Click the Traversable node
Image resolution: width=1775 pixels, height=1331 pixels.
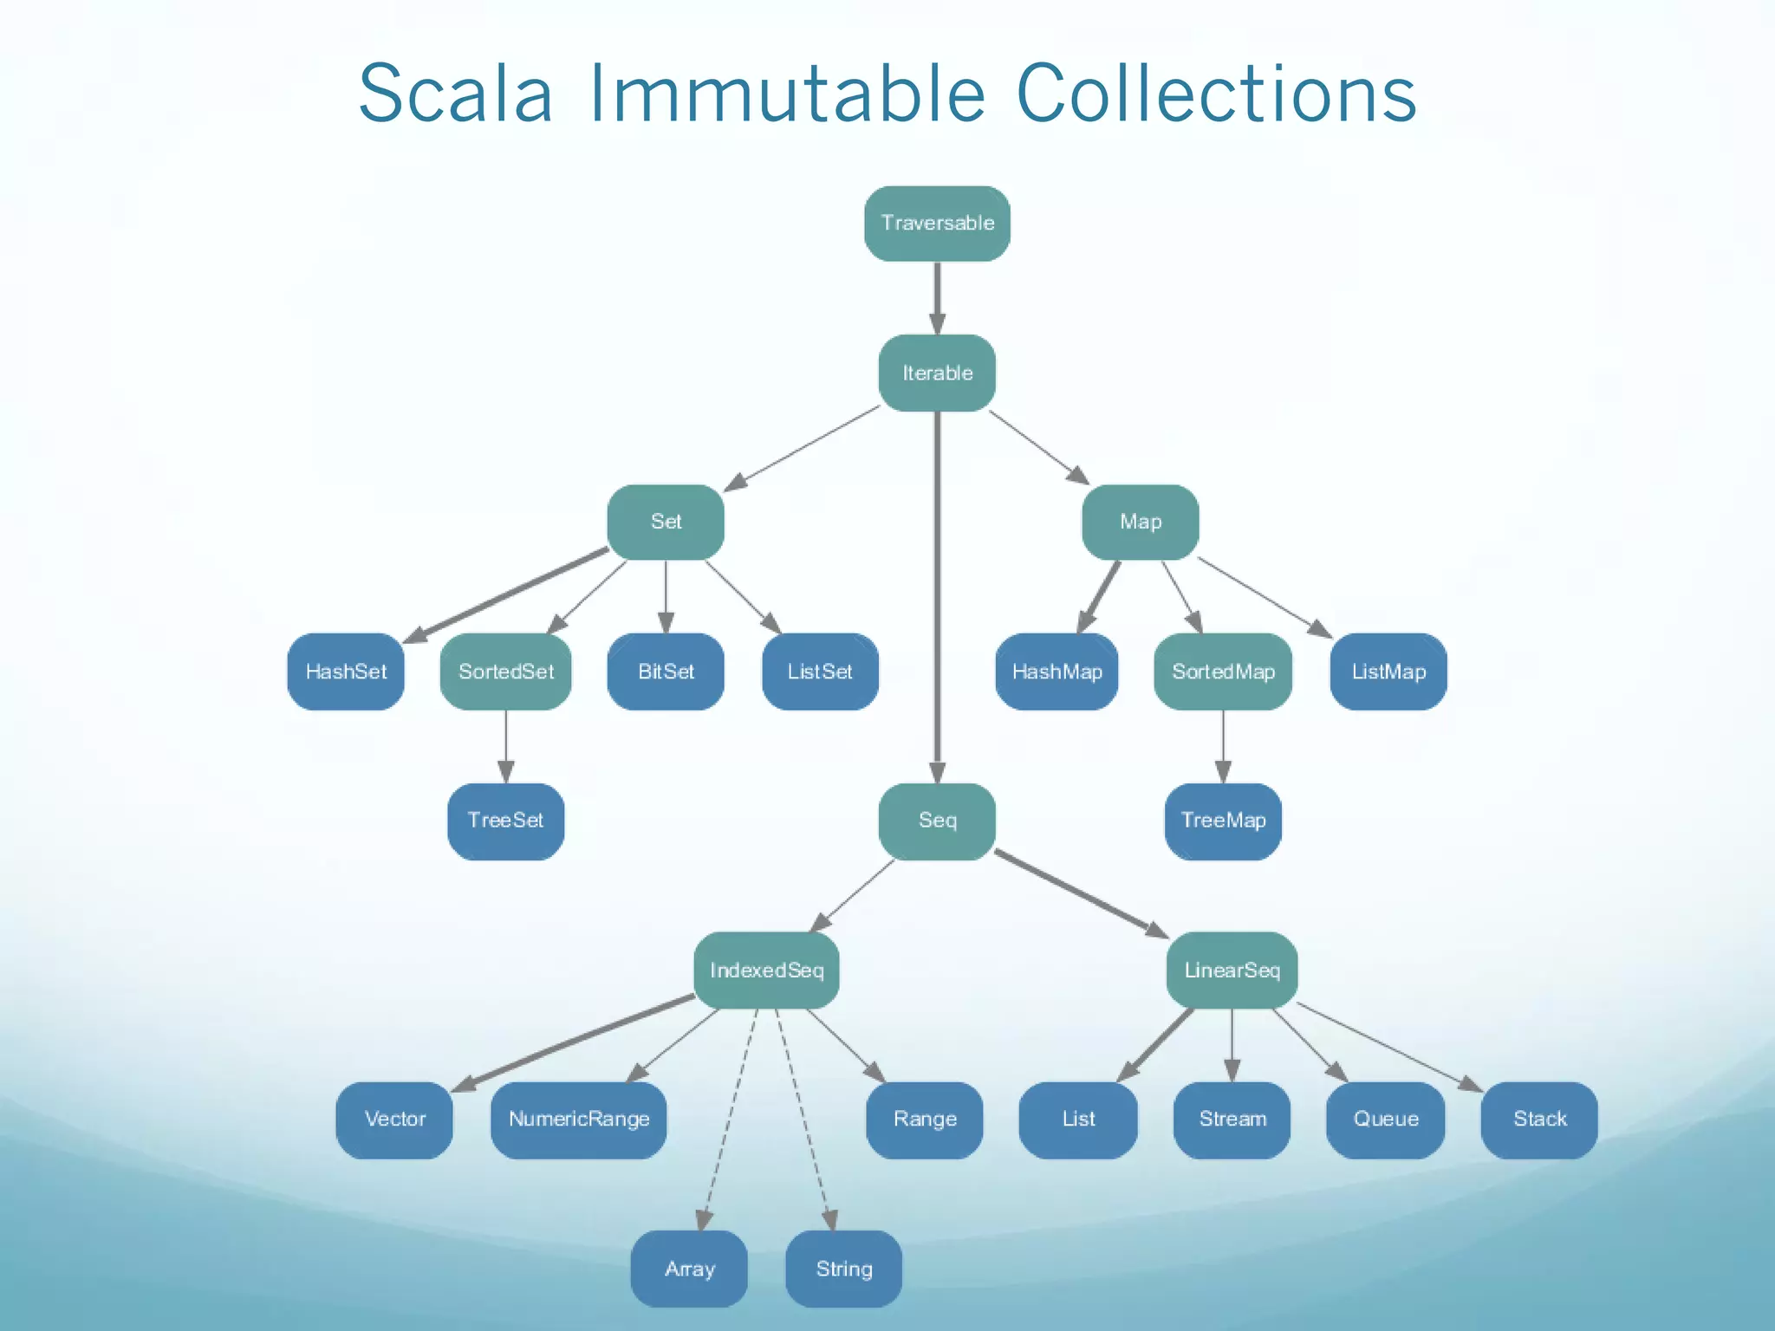click(x=937, y=224)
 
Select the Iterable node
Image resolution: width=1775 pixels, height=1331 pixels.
click(x=937, y=373)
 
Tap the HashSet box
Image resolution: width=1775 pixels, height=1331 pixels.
click(x=346, y=672)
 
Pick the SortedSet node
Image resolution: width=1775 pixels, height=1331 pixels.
click(x=506, y=672)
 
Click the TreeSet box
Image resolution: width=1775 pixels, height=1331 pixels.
click(x=506, y=821)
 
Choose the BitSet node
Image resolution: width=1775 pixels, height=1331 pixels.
click(x=666, y=672)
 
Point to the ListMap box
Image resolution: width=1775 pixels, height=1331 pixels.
click(x=1388, y=672)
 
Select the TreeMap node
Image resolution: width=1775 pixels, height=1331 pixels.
click(x=1223, y=821)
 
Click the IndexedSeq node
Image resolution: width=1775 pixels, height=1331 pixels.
click(x=766, y=971)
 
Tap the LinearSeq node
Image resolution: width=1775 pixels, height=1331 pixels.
click(x=1232, y=971)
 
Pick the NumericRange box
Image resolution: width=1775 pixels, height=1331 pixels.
click(x=579, y=1120)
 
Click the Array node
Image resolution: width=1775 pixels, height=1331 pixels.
click(x=689, y=1269)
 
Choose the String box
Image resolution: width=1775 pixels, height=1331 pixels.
click(x=843, y=1269)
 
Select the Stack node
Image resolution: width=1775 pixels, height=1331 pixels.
click(x=1539, y=1120)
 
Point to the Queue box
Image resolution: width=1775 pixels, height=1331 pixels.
click(x=1385, y=1120)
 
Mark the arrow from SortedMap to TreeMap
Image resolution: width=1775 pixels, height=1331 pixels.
click(x=1223, y=746)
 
